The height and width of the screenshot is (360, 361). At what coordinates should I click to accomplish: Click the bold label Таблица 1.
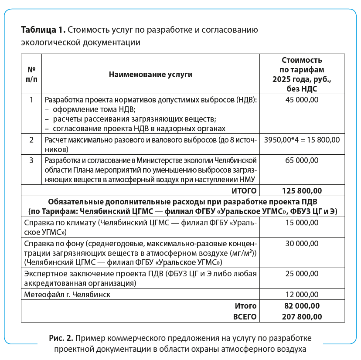pos(43,31)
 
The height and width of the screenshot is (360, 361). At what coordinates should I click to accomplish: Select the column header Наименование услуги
pos(150,74)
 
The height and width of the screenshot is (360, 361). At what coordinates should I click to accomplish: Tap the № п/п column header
pos(31,74)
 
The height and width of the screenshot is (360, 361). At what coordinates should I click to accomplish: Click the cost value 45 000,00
pos(302,100)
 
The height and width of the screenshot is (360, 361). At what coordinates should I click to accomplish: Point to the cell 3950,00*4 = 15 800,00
pos(302,140)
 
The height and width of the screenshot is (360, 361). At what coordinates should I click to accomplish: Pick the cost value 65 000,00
pos(302,160)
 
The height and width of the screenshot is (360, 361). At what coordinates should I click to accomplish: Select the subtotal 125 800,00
pos(302,190)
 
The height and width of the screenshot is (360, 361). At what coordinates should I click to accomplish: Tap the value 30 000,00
pos(302,243)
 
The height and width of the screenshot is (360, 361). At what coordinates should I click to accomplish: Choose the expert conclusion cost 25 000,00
pos(302,274)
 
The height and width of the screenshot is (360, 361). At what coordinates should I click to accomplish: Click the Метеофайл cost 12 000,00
pos(302,295)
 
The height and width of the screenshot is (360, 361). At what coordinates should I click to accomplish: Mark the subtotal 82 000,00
pos(302,306)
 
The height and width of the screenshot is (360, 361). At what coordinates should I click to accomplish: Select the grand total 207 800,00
pos(302,317)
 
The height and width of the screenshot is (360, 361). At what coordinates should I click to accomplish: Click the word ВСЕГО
pos(245,317)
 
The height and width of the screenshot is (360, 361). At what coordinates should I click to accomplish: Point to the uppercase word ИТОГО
pos(244,190)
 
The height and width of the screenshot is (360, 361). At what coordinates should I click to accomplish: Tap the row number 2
pos(31,140)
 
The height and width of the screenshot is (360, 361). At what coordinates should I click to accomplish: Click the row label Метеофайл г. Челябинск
pos(67,295)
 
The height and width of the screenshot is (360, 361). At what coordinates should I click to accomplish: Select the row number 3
pos(31,160)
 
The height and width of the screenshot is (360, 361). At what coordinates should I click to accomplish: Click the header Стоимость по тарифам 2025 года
pos(302,74)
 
